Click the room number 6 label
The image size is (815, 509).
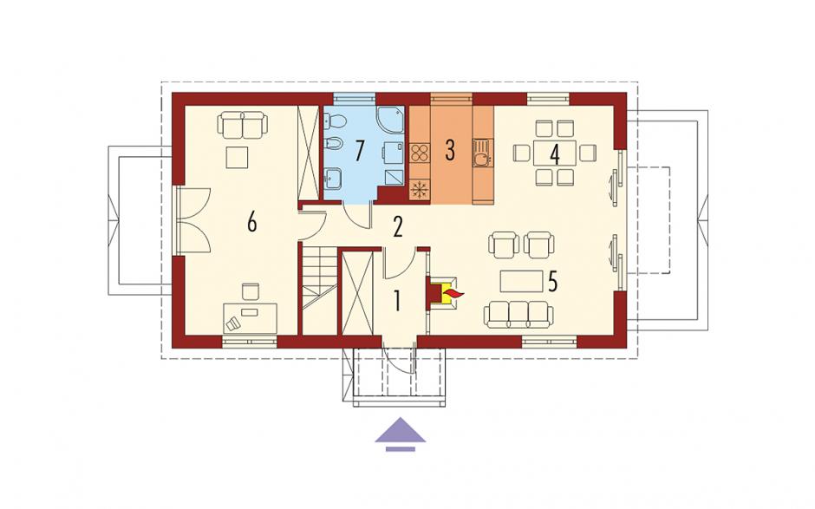coord(252,223)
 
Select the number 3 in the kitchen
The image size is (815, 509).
coord(450,150)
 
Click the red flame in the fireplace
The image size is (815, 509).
coord(453,296)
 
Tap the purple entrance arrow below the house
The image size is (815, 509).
coord(401,433)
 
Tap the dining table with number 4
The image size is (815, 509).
coord(555,153)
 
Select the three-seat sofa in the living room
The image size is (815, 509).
coord(518,316)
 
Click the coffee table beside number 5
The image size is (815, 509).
coord(521,281)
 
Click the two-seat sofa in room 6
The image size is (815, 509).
coord(243,126)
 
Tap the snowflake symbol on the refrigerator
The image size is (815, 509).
coord(419,189)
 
